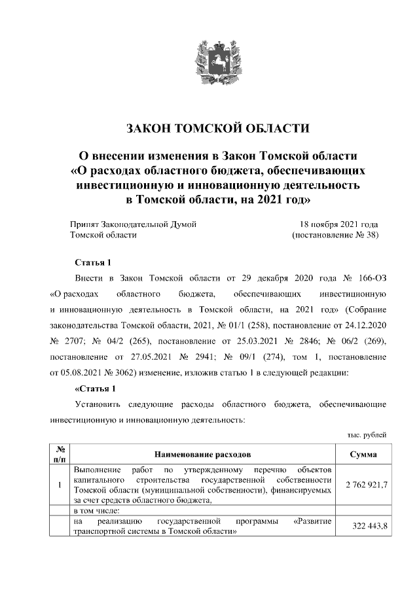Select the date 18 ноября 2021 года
tap(339, 224)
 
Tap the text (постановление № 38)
tap(335, 235)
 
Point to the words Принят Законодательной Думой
tap(134, 224)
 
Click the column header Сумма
tap(363, 453)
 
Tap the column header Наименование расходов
tap(202, 453)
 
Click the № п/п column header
tap(60, 453)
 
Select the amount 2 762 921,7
tap(363, 485)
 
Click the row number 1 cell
tap(60, 485)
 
